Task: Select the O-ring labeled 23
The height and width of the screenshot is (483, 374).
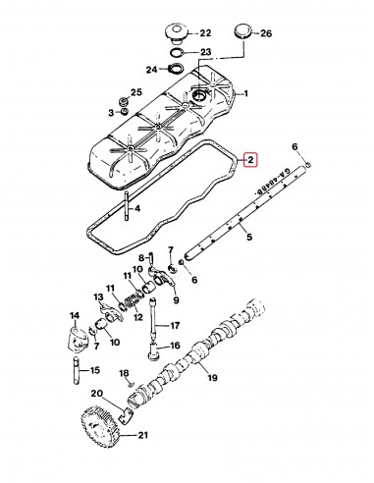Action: pos(176,53)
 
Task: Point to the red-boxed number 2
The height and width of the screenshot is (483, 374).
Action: pos(249,159)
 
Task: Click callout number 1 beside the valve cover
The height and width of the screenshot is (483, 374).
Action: pos(247,94)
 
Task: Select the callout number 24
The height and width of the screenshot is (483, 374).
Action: pos(150,70)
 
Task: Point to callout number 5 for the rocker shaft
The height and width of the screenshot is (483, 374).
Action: pos(249,237)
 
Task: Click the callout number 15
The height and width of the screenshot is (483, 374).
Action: pos(95,371)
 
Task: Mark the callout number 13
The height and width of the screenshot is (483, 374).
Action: pos(99,298)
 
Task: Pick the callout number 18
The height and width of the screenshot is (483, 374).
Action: pos(125,375)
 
